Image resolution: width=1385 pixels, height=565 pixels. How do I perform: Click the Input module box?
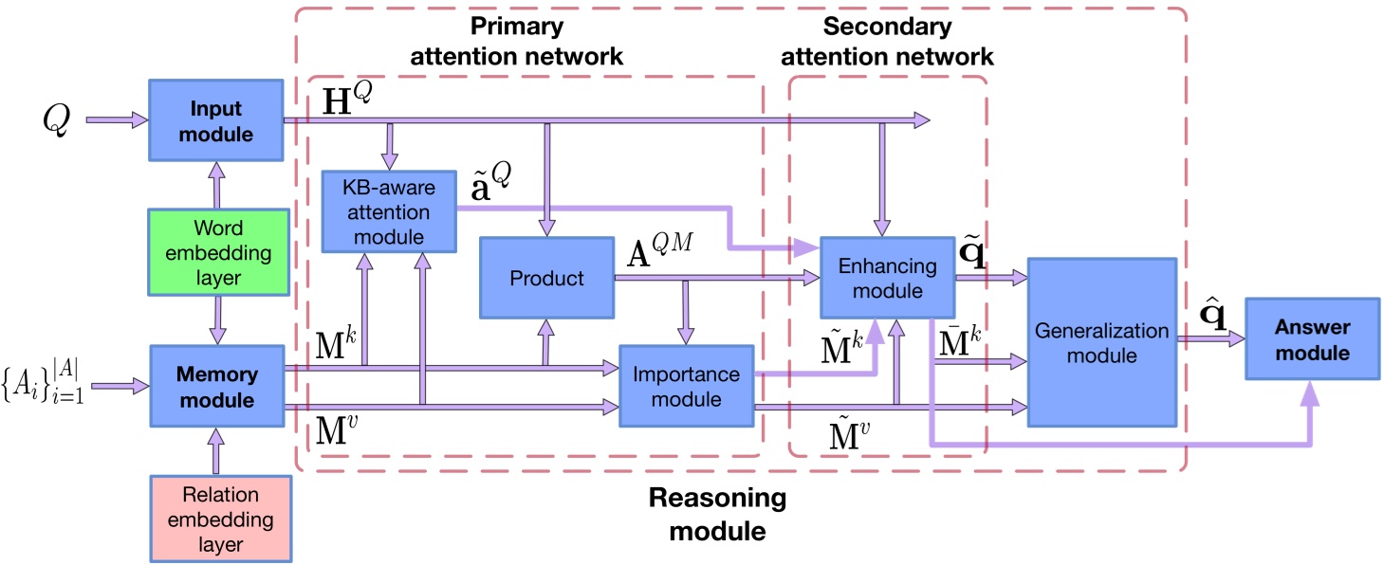coord(215,120)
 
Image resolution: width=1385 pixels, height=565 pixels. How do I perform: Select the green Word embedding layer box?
coord(218,252)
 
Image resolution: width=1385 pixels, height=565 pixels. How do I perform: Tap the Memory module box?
coord(217,387)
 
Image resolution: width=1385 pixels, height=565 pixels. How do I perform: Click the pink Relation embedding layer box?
coord(221,519)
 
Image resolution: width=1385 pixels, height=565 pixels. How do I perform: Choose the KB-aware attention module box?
coord(389,211)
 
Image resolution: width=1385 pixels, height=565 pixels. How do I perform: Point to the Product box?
coord(546,278)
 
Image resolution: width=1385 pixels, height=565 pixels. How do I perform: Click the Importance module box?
coord(686,387)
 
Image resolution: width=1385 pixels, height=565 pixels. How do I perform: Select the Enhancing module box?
coord(887,278)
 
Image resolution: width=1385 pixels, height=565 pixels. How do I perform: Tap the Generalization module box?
coord(1101,342)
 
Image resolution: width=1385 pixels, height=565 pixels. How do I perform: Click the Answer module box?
coord(1313,338)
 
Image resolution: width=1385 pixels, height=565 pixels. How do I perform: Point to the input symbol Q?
coord(56,119)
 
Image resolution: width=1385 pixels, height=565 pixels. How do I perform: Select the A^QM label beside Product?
coord(659,249)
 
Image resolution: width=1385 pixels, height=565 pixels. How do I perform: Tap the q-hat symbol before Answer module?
coord(1212,315)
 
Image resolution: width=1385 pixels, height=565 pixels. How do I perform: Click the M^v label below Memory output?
coord(337,429)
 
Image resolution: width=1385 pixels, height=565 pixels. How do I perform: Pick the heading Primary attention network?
coord(516,41)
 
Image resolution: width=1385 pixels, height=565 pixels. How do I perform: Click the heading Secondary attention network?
coord(887,41)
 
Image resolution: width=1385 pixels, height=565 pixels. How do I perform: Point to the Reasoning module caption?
coord(717,515)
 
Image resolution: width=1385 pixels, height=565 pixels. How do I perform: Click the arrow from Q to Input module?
coord(117,119)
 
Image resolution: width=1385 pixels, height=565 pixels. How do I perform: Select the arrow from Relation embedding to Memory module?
coord(215,451)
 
